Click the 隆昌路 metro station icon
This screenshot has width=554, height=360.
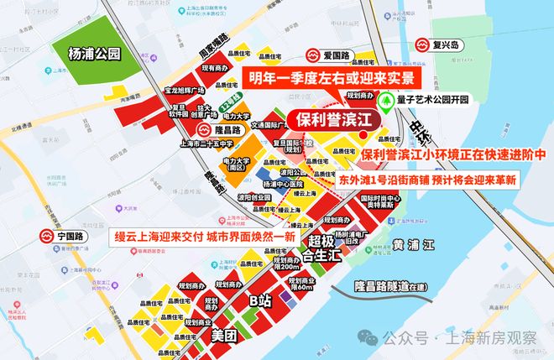click(x=204, y=131)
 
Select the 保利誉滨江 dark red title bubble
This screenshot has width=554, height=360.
click(x=331, y=120)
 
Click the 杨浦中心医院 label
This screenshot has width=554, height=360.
click(x=282, y=182)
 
